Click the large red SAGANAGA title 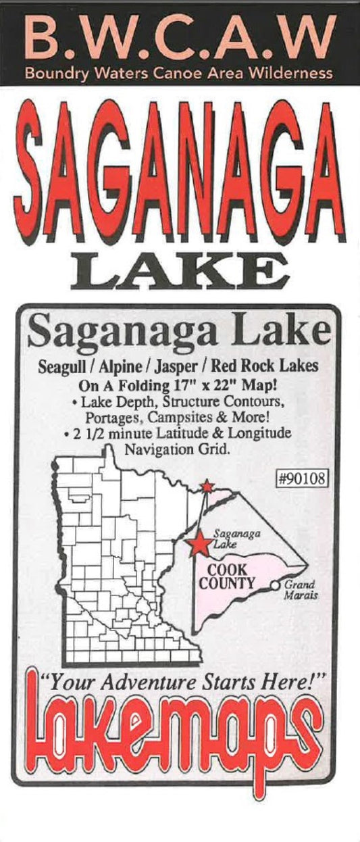tap(180, 174)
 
